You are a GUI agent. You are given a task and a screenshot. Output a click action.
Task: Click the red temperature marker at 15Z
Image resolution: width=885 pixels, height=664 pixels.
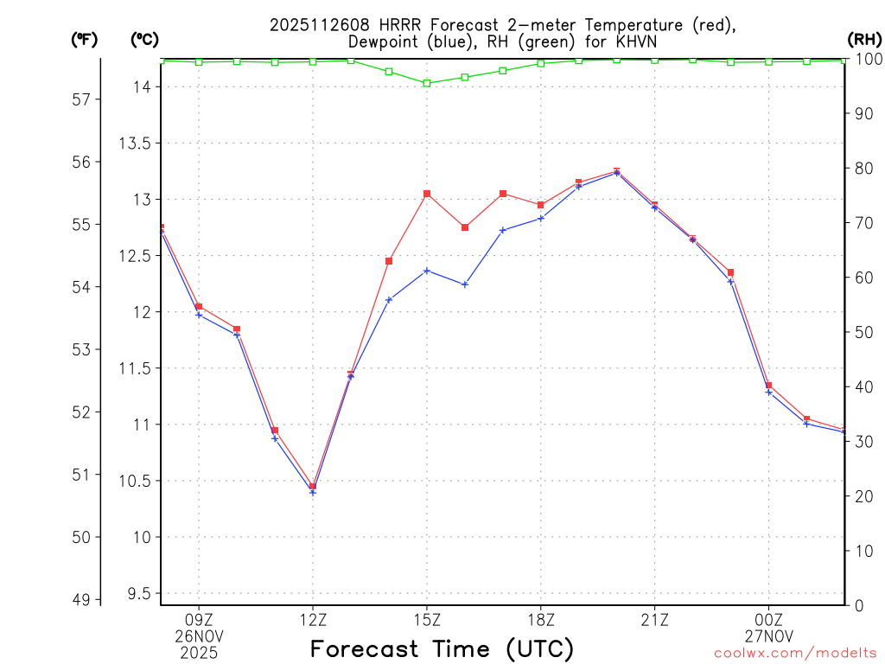pos(427,194)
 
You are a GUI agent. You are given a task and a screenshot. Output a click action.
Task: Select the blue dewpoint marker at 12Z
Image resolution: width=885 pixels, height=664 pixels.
pos(313,492)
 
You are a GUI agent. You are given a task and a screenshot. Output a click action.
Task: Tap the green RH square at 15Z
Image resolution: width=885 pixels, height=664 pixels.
pos(427,83)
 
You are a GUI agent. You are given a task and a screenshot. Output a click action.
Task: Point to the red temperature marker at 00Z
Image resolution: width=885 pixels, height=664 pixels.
pos(768,386)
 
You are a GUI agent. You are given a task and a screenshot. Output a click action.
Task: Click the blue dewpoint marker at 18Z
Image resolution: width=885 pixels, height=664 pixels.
pos(541,218)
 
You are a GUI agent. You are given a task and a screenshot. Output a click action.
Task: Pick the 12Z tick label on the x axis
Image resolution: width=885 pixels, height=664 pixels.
pos(313,619)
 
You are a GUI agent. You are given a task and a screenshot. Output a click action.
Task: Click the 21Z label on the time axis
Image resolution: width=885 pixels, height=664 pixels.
pos(654,619)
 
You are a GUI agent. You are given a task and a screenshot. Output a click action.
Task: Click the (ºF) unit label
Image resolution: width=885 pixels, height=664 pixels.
pos(84,40)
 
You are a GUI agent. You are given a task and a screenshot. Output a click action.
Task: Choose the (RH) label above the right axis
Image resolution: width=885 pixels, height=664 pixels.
pos(864,40)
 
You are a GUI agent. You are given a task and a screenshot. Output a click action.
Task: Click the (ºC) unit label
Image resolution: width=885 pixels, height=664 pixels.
pos(144,40)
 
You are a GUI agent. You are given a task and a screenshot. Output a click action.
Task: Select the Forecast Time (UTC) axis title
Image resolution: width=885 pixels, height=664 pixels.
pos(442,648)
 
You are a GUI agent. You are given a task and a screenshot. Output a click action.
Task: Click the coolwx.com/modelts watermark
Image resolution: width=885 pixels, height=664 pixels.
pos(795,654)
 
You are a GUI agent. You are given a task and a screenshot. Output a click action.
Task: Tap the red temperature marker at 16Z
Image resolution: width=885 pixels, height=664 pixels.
pos(465,227)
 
